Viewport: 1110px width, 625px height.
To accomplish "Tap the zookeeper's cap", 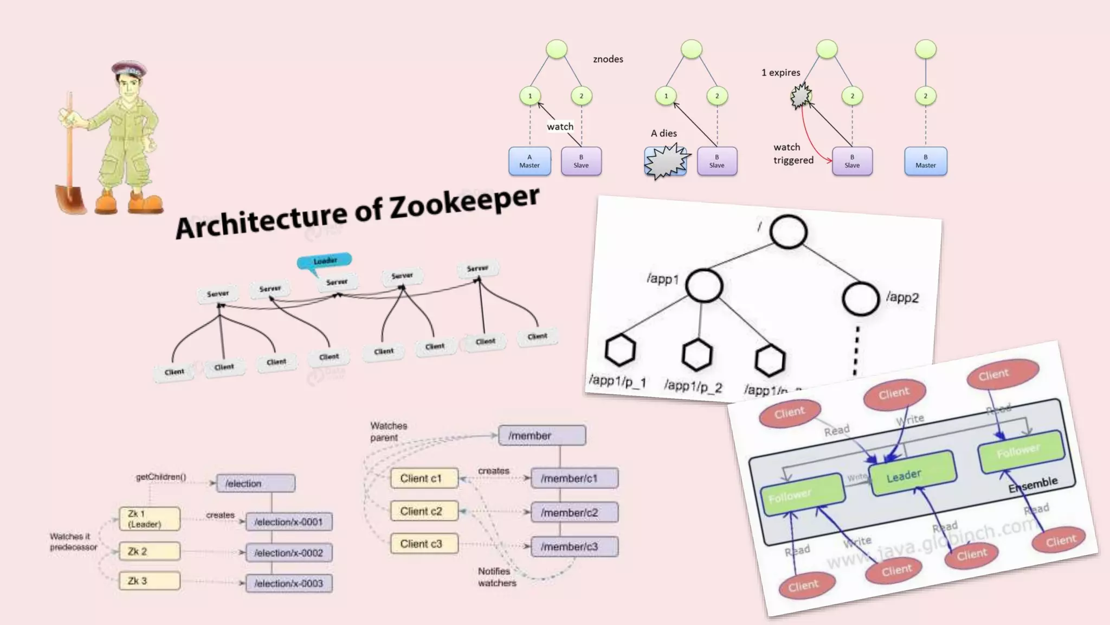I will pos(129,69).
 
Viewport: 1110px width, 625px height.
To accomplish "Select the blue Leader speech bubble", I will pos(325,261).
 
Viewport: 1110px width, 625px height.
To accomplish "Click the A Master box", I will pos(530,161).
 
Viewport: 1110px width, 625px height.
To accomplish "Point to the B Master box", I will pos(925,161).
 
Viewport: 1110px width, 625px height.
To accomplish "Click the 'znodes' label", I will pos(608,59).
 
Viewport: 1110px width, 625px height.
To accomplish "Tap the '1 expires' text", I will pos(780,73).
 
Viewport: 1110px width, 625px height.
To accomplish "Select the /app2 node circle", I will pos(860,298).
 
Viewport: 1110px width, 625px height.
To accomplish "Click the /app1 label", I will pos(662,279).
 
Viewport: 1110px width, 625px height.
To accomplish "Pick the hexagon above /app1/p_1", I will pos(619,350).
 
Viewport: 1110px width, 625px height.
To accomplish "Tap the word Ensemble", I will pos(1033,484).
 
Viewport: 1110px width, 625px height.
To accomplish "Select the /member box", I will pos(541,436).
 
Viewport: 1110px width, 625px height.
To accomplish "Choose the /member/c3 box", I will pos(574,546).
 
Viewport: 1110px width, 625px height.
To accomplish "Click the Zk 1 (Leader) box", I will pos(149,519).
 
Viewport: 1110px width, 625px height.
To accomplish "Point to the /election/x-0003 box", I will pos(289,583).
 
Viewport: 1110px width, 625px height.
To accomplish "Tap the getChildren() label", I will pos(160,477).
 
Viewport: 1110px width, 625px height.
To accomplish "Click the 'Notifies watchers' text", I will pos(496,577).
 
